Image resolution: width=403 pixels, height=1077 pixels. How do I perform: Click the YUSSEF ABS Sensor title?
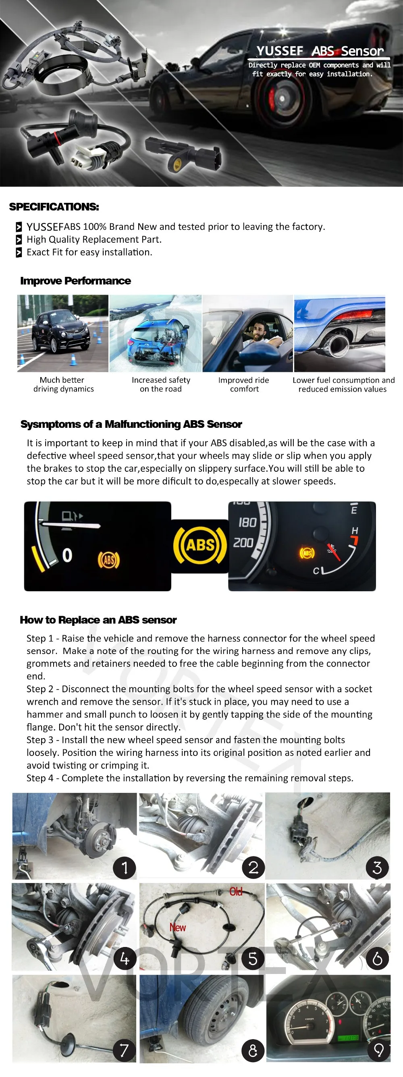[x=320, y=51]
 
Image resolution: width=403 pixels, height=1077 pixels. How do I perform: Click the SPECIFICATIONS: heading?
[x=54, y=207]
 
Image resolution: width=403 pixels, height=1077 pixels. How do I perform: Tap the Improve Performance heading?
[x=75, y=281]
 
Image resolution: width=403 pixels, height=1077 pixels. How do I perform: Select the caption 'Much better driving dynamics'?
[x=63, y=384]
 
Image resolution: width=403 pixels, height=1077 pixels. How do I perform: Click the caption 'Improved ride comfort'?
[x=243, y=384]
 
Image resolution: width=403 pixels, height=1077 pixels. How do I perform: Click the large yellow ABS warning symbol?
[x=200, y=545]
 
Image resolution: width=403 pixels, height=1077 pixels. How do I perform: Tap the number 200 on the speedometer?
[x=243, y=543]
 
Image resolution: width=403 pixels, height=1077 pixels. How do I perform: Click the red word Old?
[x=236, y=892]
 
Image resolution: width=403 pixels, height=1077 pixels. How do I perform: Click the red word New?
[x=177, y=927]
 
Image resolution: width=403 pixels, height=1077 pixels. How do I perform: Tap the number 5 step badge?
[x=253, y=958]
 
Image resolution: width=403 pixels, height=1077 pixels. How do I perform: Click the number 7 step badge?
[x=124, y=1050]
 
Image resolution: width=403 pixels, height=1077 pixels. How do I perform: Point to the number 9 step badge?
[x=379, y=1050]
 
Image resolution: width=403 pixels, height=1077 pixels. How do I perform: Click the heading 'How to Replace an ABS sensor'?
[x=98, y=620]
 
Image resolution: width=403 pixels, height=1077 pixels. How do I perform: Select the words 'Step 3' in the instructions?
[x=40, y=740]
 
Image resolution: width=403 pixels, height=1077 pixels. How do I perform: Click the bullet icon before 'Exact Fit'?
[x=19, y=252]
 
